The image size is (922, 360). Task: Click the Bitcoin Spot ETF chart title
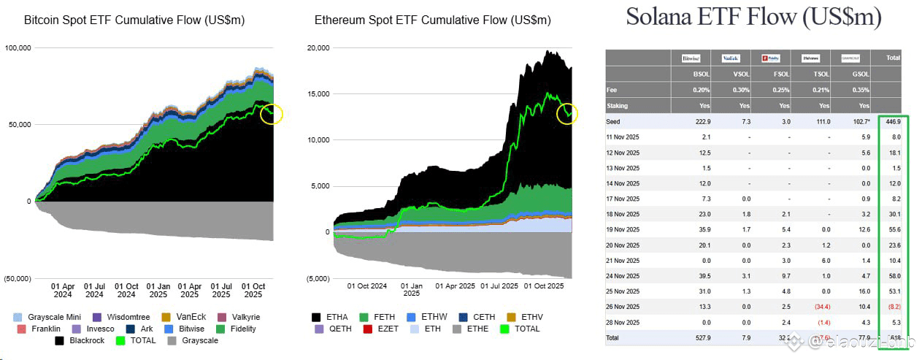click(x=134, y=20)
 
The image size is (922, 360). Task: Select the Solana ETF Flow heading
click(x=753, y=18)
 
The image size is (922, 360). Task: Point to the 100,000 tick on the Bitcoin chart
click(x=18, y=48)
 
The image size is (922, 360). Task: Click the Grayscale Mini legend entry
click(x=50, y=317)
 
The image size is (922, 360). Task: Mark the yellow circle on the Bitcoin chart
click(x=272, y=113)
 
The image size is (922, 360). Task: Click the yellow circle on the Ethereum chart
click(x=567, y=113)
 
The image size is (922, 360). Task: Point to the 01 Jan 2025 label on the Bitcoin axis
click(x=158, y=291)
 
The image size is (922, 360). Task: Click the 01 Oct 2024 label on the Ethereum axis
click(x=366, y=286)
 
